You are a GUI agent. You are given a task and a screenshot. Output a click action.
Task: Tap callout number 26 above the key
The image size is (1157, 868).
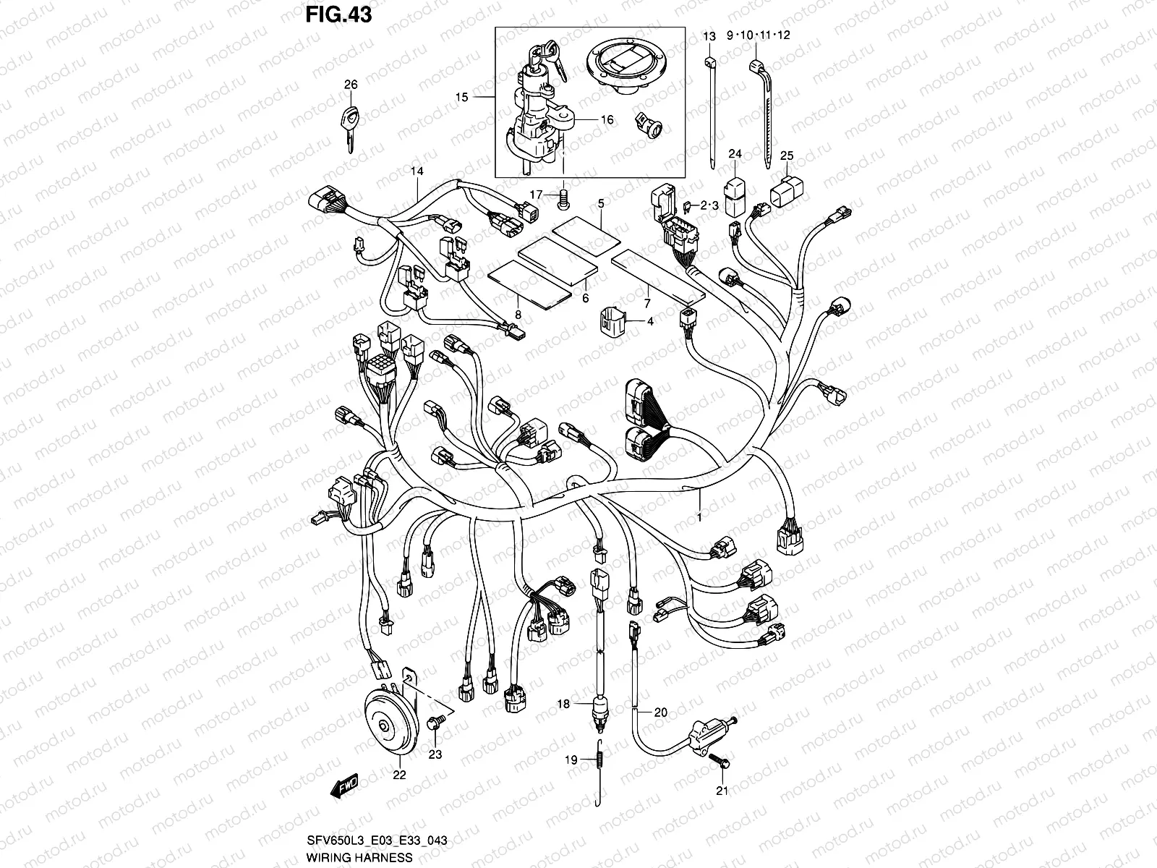tap(351, 85)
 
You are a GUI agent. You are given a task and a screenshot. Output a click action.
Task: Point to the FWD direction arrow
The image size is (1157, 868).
tap(348, 786)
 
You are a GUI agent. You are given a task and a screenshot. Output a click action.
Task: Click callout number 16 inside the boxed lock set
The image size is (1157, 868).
tap(607, 120)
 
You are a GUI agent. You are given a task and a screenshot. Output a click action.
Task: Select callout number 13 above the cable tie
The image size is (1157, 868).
tap(709, 35)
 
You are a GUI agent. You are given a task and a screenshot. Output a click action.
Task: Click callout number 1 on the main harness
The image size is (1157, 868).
tap(699, 516)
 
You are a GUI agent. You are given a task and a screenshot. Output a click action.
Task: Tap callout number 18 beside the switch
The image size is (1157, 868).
tap(564, 703)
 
